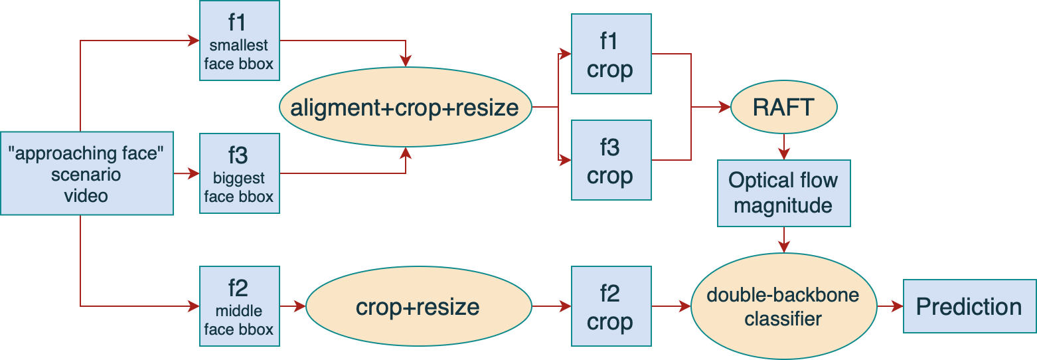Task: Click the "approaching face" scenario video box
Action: click(86, 174)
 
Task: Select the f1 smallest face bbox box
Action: click(239, 41)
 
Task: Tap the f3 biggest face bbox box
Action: click(239, 174)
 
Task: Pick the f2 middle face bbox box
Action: click(239, 306)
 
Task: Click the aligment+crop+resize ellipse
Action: click(405, 107)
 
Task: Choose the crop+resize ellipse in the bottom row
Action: click(418, 306)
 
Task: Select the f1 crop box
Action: click(610, 54)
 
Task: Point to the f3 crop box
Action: click(610, 160)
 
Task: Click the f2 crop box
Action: click(610, 306)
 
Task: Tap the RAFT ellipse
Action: click(783, 107)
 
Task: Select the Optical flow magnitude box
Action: click(783, 193)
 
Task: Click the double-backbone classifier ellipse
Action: click(783, 306)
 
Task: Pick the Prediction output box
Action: click(969, 306)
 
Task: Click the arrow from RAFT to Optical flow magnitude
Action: click(784, 146)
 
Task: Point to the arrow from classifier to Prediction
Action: click(890, 306)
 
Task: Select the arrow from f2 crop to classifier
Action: click(671, 306)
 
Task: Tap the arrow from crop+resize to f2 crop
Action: click(551, 306)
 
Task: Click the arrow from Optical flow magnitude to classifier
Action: click(784, 239)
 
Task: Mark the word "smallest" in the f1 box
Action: click(239, 46)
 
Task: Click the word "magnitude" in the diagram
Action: click(783, 205)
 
